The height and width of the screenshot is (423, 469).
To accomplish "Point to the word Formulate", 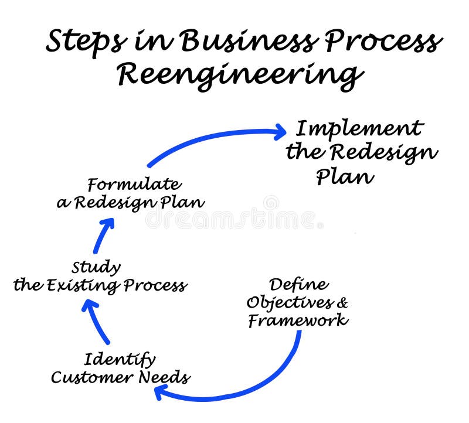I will pyautogui.click(x=134, y=185).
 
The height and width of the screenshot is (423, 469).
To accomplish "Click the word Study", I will pyautogui.click(x=96, y=268).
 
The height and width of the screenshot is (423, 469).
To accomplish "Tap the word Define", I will pyautogui.click(x=298, y=285).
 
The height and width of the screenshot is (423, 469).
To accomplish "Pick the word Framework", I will pyautogui.click(x=298, y=320).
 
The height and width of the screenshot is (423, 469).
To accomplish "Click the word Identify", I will pyautogui.click(x=120, y=359).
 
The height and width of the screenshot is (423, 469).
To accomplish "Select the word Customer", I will pyautogui.click(x=92, y=377).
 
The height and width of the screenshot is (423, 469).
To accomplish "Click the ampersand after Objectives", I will pyautogui.click(x=342, y=303).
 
